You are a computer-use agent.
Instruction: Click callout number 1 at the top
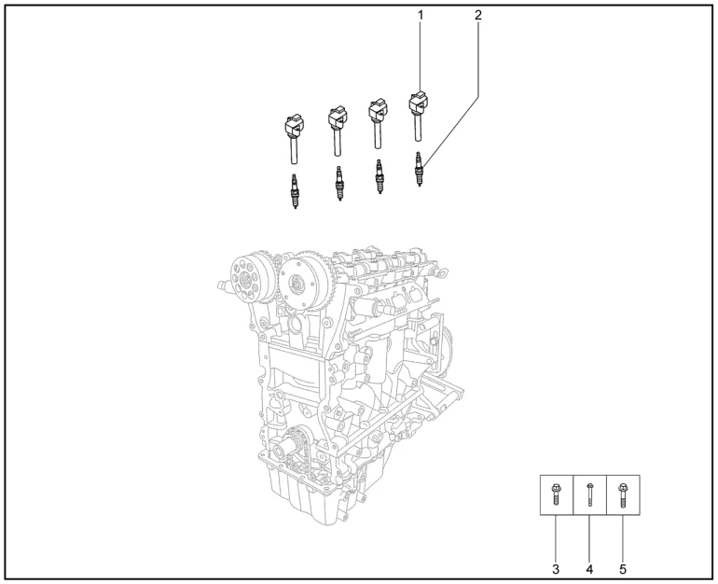421,16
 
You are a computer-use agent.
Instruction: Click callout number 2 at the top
478,16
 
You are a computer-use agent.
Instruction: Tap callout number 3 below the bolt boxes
556,569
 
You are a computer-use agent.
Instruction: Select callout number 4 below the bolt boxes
589,569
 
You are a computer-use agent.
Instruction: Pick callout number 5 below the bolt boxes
623,569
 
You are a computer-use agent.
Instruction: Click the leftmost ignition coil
295,139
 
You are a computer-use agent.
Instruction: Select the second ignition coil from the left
338,131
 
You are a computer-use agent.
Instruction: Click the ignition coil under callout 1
418,116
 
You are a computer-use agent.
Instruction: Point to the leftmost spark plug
295,191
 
